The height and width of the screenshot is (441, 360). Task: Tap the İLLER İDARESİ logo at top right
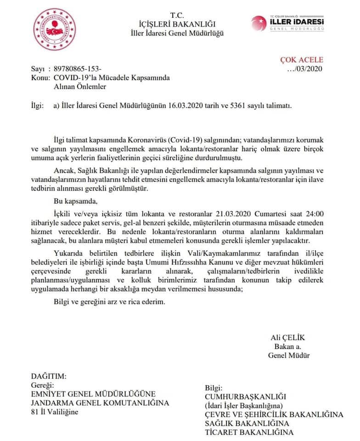point(288,23)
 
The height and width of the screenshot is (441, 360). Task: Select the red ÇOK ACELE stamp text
point(302,60)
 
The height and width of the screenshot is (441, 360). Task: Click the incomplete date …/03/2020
point(304,69)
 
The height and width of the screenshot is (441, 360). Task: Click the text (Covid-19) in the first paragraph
point(187,139)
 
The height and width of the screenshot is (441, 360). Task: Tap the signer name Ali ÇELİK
point(287,337)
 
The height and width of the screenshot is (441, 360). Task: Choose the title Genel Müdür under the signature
point(289,355)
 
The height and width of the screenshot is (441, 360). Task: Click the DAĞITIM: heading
point(49,376)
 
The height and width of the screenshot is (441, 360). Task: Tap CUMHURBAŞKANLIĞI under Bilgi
point(245,396)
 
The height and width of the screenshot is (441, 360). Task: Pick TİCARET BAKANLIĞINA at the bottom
point(249,432)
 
